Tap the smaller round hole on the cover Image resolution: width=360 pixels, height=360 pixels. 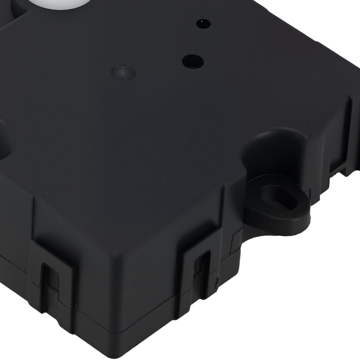203,23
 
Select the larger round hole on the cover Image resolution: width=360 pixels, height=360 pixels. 193,61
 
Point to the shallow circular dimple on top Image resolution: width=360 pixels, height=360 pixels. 123,72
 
